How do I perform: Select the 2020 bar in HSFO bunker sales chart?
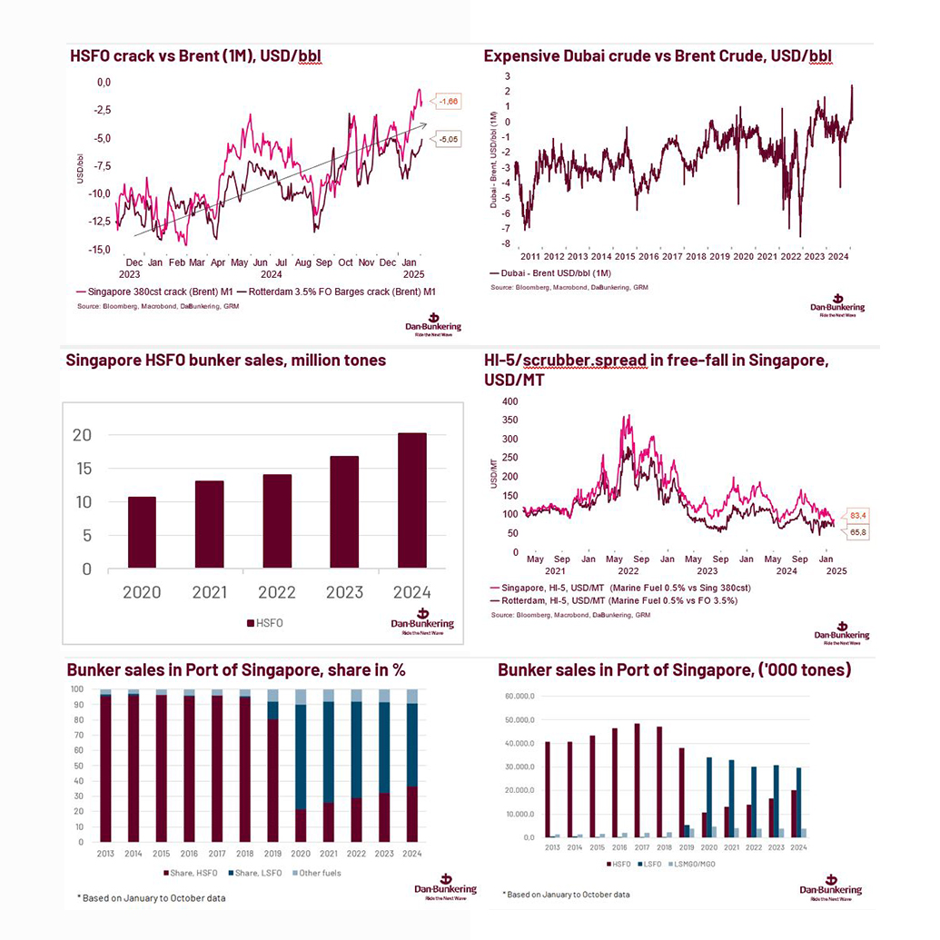(x=142, y=532)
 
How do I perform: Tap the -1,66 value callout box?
(x=447, y=102)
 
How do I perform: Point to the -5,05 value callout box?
(x=447, y=139)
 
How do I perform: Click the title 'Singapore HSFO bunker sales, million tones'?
(x=225, y=361)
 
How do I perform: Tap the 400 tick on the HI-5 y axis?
(x=510, y=401)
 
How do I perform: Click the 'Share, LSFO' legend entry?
(x=249, y=873)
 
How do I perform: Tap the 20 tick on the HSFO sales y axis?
(x=82, y=435)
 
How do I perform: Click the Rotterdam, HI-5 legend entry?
(x=615, y=600)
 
